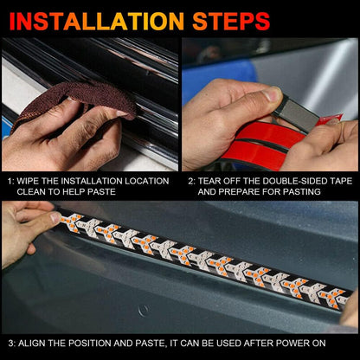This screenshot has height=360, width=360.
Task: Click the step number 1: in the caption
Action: click(x=10, y=180)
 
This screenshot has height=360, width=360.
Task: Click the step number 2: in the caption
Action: click(x=191, y=180)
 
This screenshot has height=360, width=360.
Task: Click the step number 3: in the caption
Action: click(x=10, y=344)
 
